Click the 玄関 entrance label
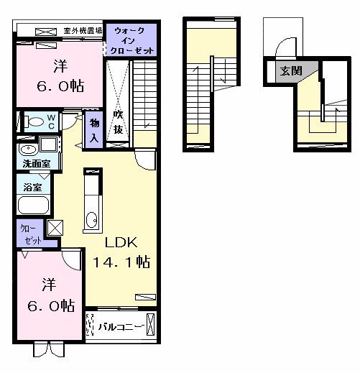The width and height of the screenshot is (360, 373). tap(290, 70)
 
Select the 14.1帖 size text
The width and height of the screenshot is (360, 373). tap(121, 262)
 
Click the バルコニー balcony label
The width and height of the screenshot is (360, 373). tap(119, 326)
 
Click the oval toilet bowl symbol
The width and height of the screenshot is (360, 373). tap(31, 121)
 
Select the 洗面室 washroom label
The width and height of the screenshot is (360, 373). tap(36, 163)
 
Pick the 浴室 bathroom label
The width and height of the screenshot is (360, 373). tap(32, 188)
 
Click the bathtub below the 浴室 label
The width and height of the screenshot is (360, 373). tap(33, 206)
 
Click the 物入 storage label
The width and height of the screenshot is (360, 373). tap(93, 130)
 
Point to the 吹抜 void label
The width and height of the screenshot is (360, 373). tap(118, 123)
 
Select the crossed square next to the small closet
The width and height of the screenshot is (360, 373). tap(55, 228)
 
